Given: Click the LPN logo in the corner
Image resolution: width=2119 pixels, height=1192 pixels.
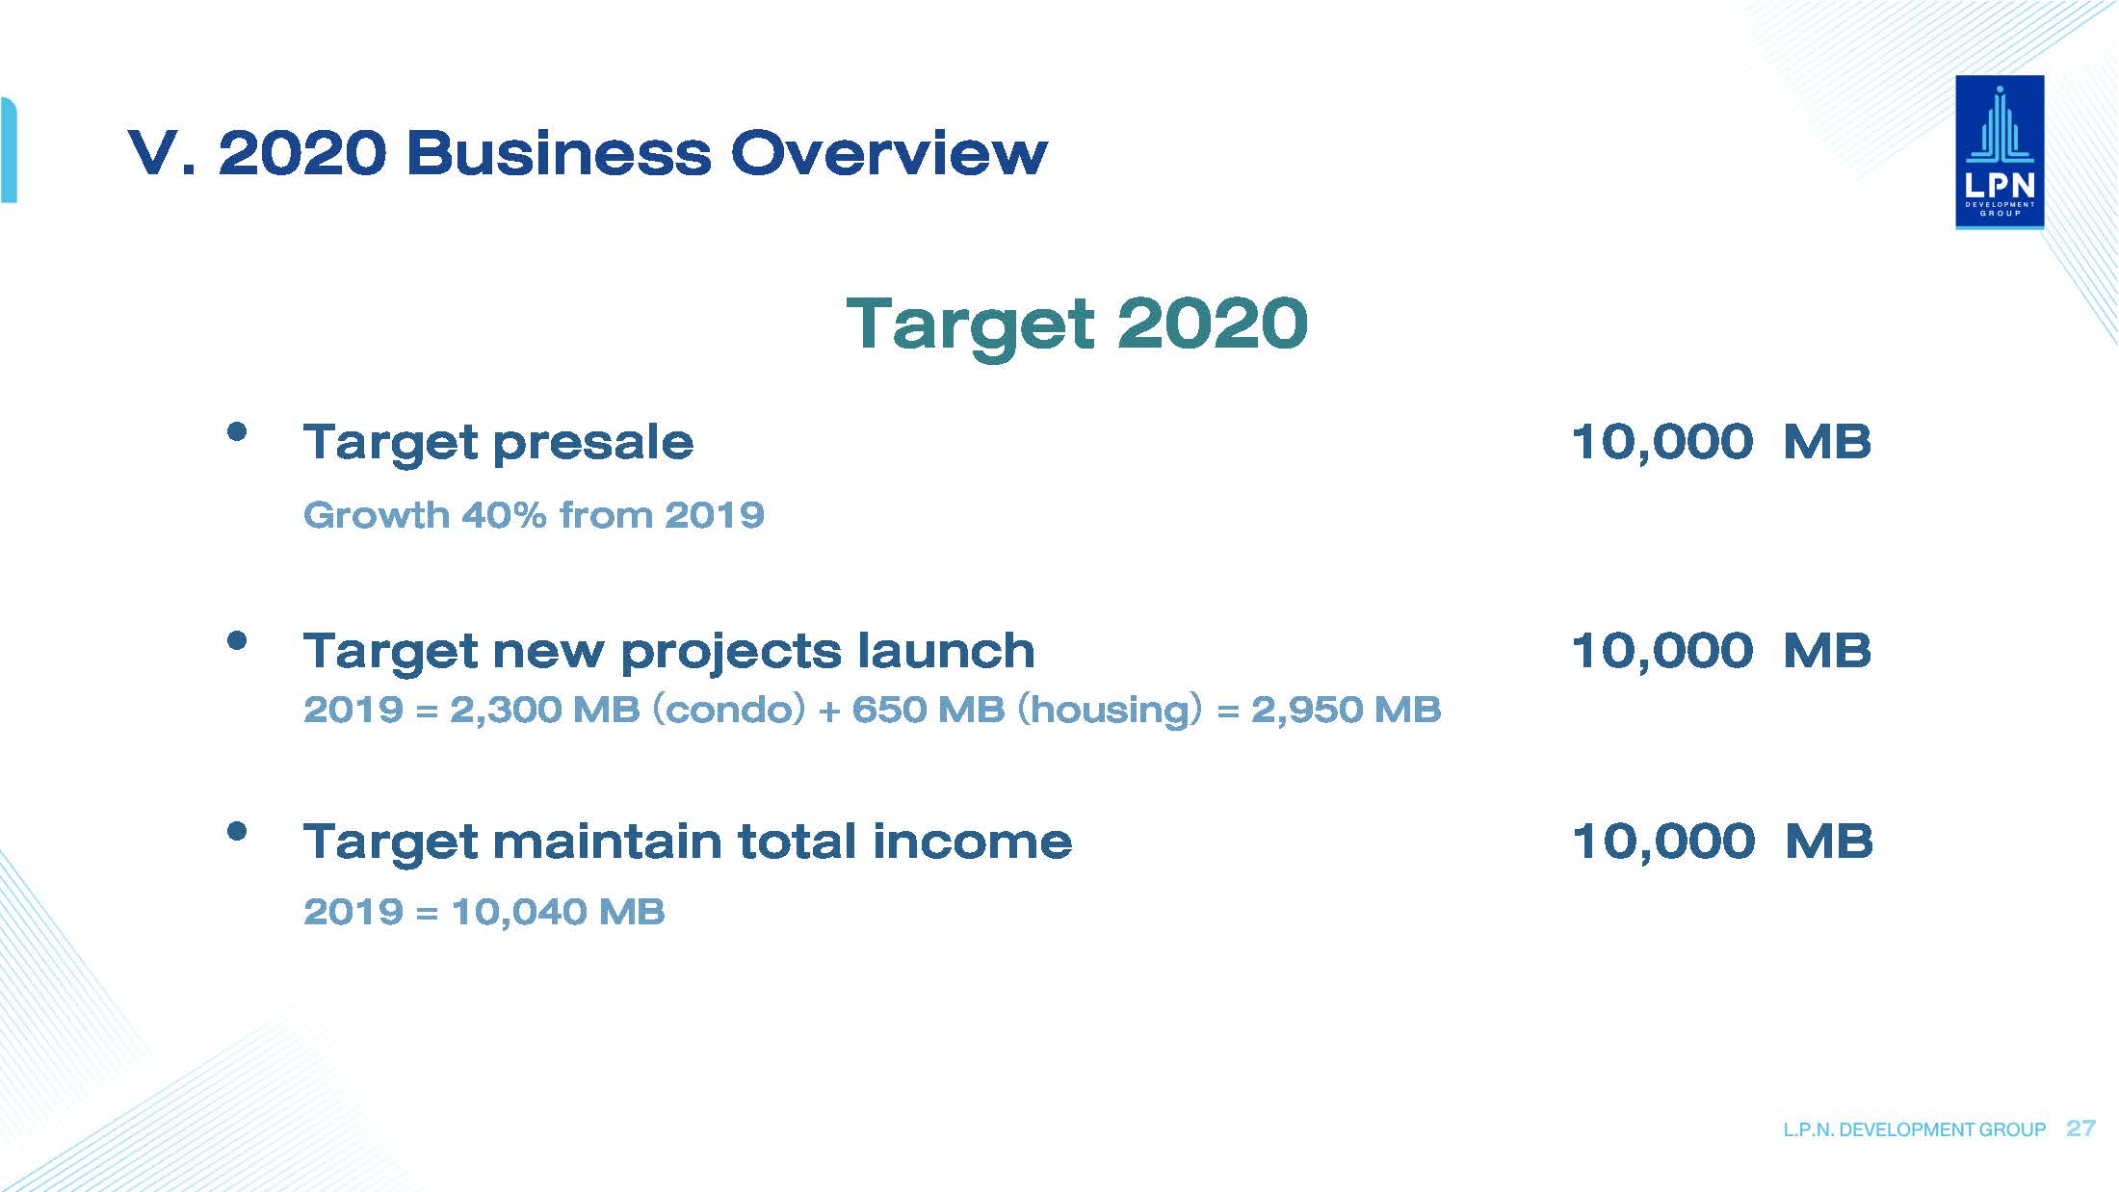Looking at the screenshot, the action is click(x=2000, y=152).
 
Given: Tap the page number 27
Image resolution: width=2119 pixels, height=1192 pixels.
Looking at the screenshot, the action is click(x=2080, y=1128).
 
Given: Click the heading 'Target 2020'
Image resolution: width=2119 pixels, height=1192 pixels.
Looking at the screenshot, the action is click(x=1077, y=324).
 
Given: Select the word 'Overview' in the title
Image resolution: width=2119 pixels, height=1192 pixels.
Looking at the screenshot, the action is click(x=889, y=153).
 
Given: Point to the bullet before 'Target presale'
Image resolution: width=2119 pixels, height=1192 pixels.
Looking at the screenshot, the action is click(x=237, y=431).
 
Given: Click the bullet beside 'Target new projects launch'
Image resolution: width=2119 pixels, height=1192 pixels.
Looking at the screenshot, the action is click(x=237, y=640).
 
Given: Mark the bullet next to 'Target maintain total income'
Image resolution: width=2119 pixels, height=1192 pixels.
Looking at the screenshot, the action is click(x=237, y=831).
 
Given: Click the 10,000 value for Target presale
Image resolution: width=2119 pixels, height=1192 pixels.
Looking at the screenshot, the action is click(x=1661, y=443).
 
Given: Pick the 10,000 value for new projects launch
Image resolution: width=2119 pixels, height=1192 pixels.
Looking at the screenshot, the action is click(x=1661, y=651).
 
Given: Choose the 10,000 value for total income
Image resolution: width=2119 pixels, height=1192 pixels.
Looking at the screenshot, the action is click(x=1662, y=842).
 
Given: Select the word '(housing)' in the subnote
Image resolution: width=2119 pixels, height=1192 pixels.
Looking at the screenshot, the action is click(x=1110, y=711).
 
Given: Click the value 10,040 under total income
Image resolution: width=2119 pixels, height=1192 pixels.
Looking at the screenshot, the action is click(x=517, y=912).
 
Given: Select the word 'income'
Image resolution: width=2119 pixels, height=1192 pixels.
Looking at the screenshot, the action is click(x=972, y=842).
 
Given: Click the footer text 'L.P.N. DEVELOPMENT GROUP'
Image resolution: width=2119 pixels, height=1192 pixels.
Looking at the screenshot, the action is click(x=1914, y=1129).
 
